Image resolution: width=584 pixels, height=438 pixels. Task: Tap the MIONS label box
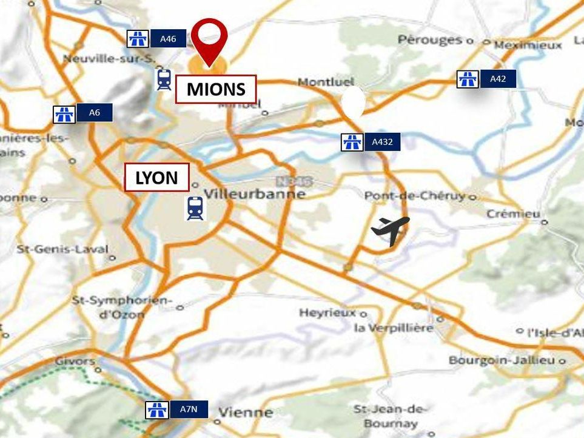(x=216, y=90)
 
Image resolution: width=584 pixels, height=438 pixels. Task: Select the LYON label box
(x=156, y=178)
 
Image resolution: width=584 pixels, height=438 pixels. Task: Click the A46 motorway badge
(x=156, y=39)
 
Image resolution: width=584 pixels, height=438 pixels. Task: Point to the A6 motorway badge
(x=82, y=113)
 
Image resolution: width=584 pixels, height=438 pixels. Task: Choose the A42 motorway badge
(x=486, y=79)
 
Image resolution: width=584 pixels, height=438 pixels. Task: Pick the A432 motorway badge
(x=371, y=143)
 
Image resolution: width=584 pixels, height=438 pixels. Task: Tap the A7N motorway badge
(x=177, y=409)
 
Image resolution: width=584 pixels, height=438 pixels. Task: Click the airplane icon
(x=390, y=229)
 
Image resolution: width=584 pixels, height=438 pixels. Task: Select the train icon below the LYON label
(x=195, y=208)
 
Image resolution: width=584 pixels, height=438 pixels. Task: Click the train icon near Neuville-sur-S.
(x=164, y=79)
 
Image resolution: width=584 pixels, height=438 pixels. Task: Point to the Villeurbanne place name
(x=255, y=194)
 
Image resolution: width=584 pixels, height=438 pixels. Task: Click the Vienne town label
(x=245, y=413)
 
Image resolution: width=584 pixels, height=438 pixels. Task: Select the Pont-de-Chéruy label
(x=415, y=196)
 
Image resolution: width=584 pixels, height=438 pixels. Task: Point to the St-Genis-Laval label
(x=62, y=249)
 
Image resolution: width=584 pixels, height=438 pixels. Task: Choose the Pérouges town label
(x=430, y=40)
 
